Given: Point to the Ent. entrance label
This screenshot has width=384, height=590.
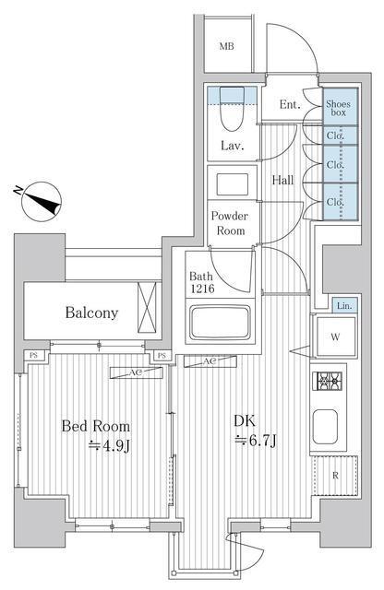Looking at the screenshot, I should tap(290, 105).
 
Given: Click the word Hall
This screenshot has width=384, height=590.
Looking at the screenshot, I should tap(282, 180).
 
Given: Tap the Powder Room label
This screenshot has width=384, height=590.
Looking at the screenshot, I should tap(230, 224).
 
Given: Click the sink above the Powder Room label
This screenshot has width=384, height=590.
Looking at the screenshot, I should tap(230, 181).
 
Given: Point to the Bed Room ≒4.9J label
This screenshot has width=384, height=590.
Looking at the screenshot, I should tap(96, 435).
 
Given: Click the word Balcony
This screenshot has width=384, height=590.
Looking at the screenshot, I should tap(91, 313).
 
